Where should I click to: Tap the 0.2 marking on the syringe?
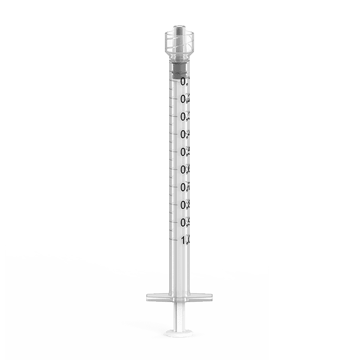point(184,99)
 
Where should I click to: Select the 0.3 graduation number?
point(184,116)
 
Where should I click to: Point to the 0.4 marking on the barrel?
point(184,134)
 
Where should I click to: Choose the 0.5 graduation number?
point(184,152)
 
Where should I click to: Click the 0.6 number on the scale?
point(184,170)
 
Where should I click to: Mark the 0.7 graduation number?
point(184,187)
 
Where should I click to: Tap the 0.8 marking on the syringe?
point(184,205)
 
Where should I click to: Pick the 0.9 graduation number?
point(184,223)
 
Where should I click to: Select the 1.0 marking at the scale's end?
point(184,240)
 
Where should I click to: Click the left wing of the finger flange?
point(155,296)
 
